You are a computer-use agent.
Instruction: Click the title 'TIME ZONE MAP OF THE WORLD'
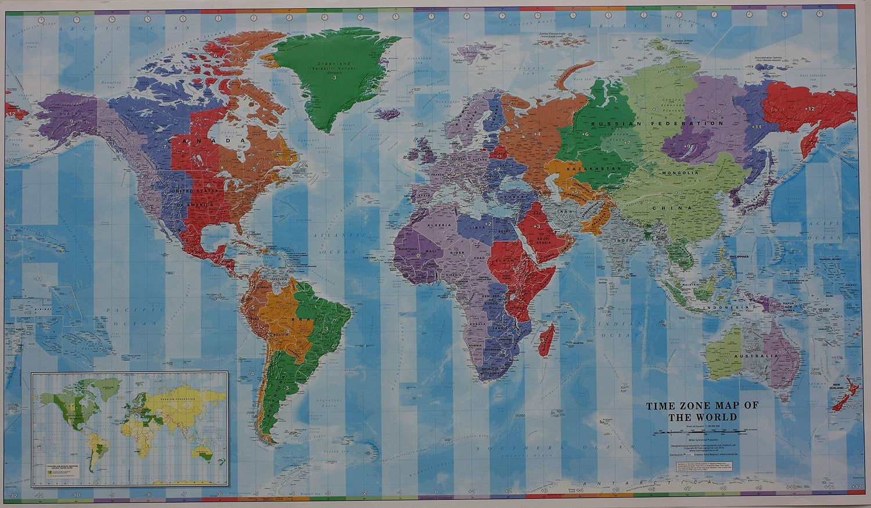pyautogui.click(x=702, y=411)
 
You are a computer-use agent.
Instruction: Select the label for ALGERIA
pyautogui.click(x=439, y=225)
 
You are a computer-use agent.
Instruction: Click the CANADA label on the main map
pyautogui.click(x=208, y=141)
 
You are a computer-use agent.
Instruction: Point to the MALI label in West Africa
pyautogui.click(x=431, y=251)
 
